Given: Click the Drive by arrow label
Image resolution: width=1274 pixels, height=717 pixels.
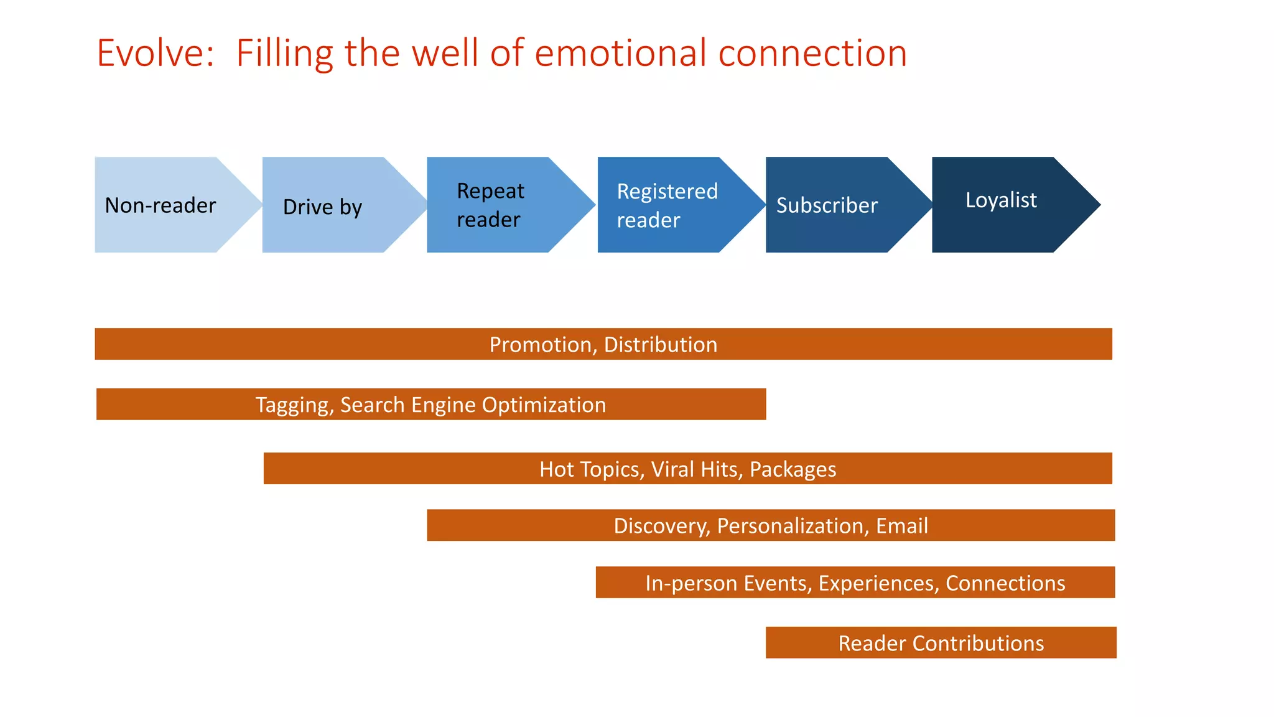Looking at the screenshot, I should tap(322, 207).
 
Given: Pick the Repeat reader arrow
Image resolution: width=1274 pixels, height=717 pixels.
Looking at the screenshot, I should tap(491, 205).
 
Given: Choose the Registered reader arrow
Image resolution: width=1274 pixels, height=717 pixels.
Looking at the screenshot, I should tap(667, 205).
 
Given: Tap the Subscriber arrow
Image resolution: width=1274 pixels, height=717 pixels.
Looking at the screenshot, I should tap(827, 205).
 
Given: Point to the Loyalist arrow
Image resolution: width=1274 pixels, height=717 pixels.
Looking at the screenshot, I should tap(1001, 200).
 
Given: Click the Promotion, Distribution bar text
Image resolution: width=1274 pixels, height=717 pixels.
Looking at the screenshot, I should tap(603, 345).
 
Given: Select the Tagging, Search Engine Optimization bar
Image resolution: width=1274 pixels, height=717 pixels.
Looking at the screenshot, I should tap(430, 405).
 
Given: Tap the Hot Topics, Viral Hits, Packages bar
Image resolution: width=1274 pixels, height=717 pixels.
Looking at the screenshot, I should tap(687, 469).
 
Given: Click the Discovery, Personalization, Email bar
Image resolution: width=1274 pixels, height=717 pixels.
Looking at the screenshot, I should tap(770, 526).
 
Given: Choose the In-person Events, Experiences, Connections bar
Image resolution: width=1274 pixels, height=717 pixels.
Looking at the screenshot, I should tap(855, 583).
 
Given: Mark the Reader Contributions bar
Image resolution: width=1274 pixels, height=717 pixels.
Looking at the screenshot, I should tap(941, 643).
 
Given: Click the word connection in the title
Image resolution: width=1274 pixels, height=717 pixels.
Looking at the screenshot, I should tap(812, 54).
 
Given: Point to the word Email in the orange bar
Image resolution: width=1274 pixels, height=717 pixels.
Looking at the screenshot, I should tap(901, 526).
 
